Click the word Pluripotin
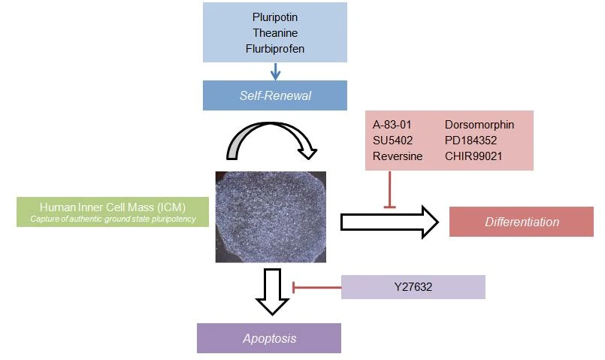275,17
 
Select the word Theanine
275,33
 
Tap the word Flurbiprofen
275,49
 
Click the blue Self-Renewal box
275,95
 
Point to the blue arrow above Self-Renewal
275,71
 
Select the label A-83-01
392,125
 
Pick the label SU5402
392,141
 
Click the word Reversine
398,156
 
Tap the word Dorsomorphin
479,125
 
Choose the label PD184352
476,141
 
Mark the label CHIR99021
477,156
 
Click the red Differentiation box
521,222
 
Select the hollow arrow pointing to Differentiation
389,222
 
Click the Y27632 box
413,287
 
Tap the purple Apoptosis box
269,338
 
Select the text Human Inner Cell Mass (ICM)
112,207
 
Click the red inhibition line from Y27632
316,286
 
